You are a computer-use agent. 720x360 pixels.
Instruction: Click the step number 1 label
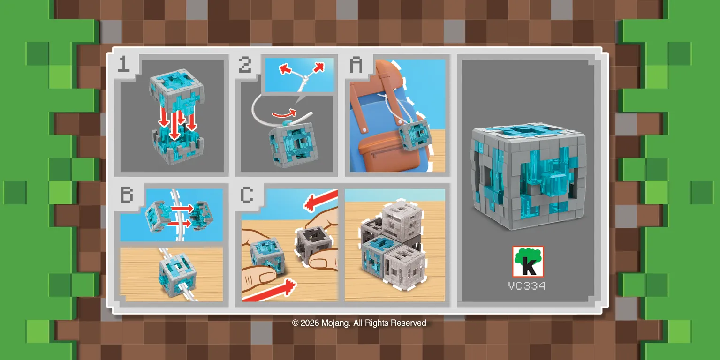pos(124,65)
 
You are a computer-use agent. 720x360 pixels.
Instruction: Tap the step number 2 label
pos(245,65)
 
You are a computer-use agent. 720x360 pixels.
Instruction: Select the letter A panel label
pos(357,65)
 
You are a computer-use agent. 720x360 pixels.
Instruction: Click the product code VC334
pos(527,285)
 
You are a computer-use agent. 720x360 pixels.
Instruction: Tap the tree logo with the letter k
pos(528,262)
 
